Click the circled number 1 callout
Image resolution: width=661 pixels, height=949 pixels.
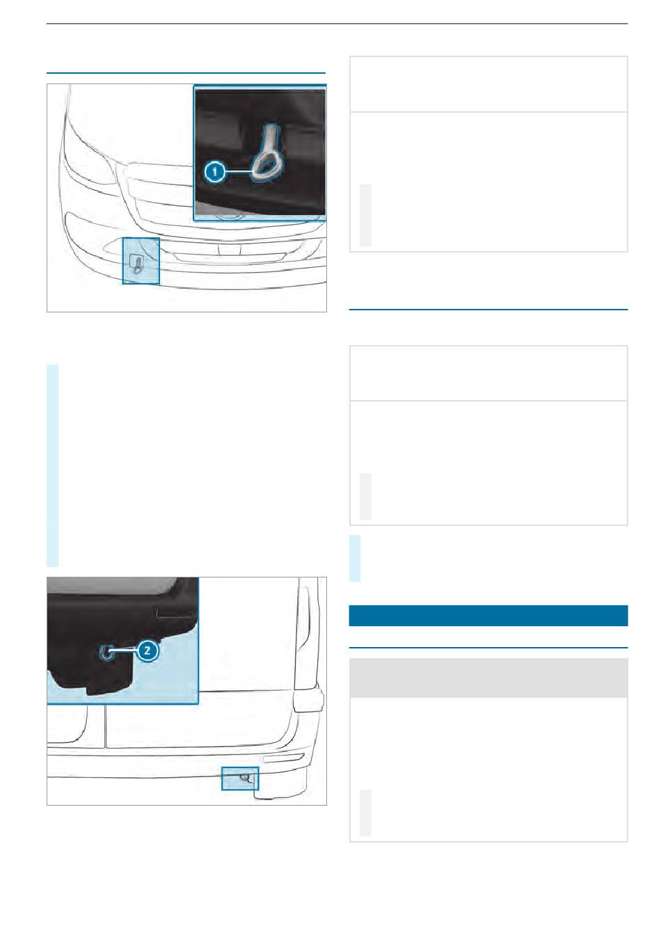tap(215, 172)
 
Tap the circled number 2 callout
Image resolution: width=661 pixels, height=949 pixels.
tap(147, 651)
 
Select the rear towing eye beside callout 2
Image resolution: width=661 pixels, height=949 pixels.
tap(106, 653)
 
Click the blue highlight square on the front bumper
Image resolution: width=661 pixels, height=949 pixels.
tap(141, 260)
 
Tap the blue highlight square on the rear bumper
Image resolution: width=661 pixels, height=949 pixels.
tap(240, 779)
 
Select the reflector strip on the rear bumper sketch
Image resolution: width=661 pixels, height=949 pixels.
tap(283, 758)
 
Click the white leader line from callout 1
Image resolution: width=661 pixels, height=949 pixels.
tap(239, 172)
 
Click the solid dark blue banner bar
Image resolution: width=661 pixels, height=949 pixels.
tap(488, 615)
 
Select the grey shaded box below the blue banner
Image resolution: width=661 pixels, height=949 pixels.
tap(488, 678)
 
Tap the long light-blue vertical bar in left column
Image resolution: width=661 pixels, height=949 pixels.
tap(52, 465)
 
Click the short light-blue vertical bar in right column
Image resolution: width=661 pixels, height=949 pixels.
tap(355, 558)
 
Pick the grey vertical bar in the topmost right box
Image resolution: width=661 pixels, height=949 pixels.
tap(365, 215)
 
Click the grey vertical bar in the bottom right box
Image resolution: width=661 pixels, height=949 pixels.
tap(365, 812)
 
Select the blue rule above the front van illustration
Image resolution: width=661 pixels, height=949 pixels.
tap(186, 73)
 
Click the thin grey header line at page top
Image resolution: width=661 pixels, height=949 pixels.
tap(337, 24)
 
